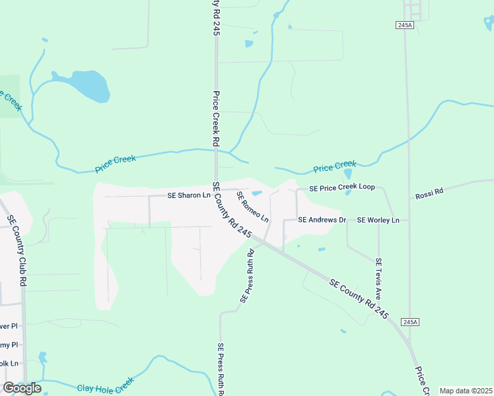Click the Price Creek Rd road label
(x=215, y=119)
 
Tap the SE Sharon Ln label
(x=188, y=195)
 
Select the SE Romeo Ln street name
(x=253, y=207)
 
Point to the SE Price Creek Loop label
(x=337, y=187)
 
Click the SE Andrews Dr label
(x=322, y=219)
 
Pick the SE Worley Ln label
(x=378, y=219)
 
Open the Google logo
(x=22, y=387)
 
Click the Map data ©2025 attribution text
(x=466, y=391)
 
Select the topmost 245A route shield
(x=405, y=24)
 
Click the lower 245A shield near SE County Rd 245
(x=410, y=321)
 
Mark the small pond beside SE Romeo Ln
(x=257, y=193)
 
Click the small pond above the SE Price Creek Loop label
(x=347, y=174)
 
